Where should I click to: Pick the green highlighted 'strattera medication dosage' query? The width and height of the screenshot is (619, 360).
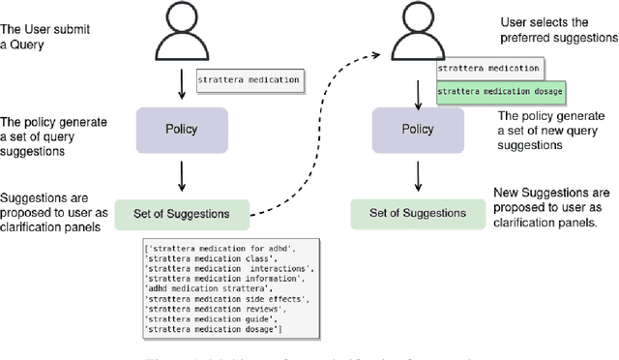click(500, 92)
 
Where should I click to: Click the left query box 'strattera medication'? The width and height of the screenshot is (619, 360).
click(250, 79)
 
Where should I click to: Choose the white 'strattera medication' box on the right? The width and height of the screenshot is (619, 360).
click(488, 69)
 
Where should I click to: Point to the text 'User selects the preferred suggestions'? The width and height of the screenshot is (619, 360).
click(556, 28)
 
